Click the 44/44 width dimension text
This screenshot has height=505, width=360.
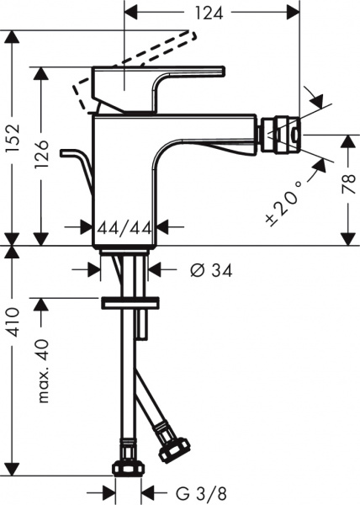(x=124, y=227)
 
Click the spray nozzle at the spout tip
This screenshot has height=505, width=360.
(x=280, y=136)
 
